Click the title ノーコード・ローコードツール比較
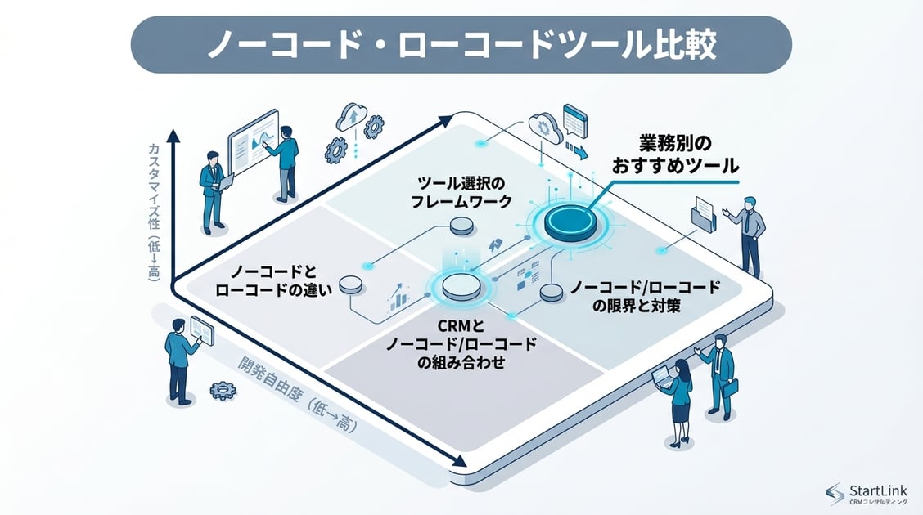pyautogui.click(x=461, y=45)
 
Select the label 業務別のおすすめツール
pyautogui.click(x=675, y=153)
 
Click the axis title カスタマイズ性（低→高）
pyautogui.click(x=153, y=213)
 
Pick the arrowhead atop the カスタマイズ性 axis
pyautogui.click(x=172, y=135)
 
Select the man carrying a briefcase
pyautogui.click(x=720, y=376)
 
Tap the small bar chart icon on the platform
pyautogui.click(x=398, y=298)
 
